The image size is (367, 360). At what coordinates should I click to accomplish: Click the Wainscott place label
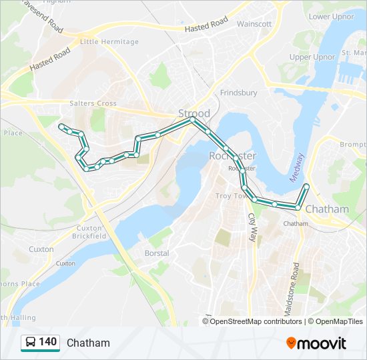(254, 23)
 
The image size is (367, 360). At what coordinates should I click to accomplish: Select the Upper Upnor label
(312, 57)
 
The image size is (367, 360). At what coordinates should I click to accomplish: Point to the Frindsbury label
(238, 93)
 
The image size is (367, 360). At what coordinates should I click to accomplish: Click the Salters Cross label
(93, 103)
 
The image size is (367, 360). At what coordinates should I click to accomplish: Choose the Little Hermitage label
(109, 41)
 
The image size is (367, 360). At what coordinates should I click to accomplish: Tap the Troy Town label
(230, 196)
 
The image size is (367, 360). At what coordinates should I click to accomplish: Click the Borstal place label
(157, 253)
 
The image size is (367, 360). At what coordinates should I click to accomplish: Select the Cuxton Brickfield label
(89, 231)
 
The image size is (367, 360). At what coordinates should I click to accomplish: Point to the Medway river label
(298, 167)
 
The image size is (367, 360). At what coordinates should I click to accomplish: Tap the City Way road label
(252, 227)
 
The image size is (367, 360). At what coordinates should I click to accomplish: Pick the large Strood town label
(194, 113)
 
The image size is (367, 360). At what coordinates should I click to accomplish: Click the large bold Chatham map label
(327, 209)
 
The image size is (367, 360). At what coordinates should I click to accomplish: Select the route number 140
(48, 342)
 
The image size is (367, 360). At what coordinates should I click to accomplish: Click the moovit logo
(316, 343)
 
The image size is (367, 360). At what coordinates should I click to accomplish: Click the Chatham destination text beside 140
(88, 343)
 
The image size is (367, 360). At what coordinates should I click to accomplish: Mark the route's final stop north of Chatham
(306, 186)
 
